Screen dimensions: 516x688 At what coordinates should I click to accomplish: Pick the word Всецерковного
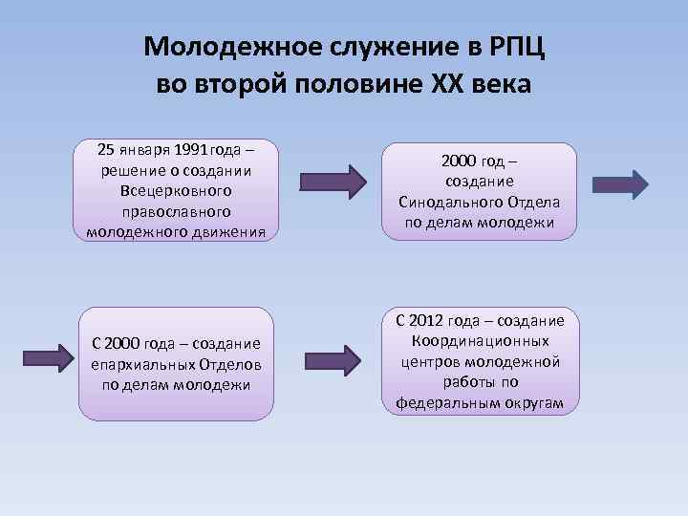tap(176, 190)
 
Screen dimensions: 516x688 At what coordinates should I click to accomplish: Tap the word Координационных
tap(482, 341)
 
